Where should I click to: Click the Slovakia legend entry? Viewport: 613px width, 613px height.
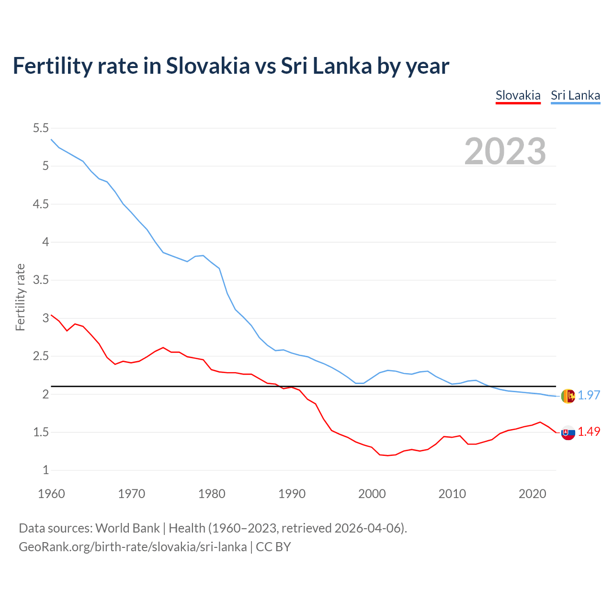tap(518, 95)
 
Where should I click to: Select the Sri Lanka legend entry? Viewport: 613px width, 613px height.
tap(575, 95)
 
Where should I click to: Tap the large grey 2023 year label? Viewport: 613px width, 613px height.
tap(505, 151)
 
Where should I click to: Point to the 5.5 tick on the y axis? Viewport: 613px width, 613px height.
tap(41, 128)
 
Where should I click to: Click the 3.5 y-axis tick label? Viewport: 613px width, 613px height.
tap(41, 280)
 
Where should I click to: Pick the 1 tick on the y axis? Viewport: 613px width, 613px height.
tap(46, 470)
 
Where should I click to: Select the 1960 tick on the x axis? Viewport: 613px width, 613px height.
tap(51, 494)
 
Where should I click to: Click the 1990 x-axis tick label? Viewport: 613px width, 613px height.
tap(292, 494)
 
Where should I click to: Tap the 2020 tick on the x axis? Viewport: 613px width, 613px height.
tap(532, 494)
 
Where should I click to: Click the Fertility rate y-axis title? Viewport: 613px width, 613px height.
tap(20, 297)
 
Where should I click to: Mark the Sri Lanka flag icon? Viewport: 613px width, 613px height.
tap(568, 396)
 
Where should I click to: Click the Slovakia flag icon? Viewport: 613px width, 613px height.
tap(568, 433)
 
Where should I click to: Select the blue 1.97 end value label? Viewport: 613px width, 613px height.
tap(589, 395)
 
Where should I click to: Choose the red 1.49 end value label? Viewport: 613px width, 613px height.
tap(589, 431)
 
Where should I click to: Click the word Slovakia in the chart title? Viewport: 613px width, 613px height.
tap(208, 66)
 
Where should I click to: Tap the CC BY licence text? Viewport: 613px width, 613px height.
tap(273, 547)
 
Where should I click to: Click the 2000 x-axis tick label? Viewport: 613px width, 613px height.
tap(372, 494)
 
